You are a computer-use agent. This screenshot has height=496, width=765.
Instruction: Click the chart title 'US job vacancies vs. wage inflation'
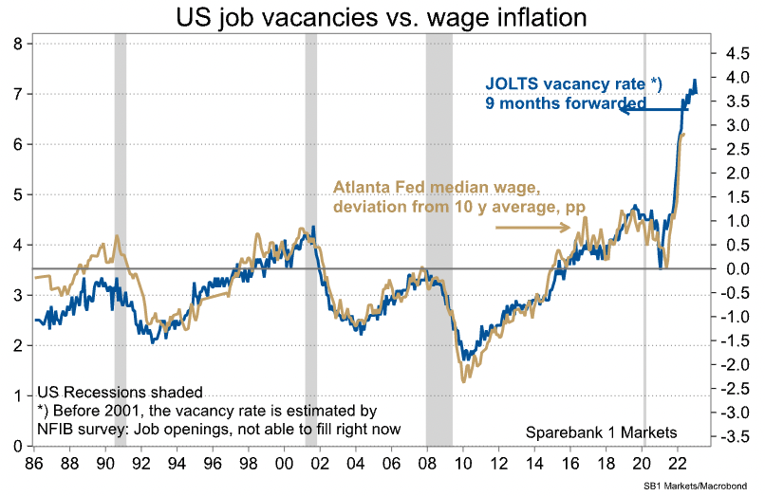coord(381,17)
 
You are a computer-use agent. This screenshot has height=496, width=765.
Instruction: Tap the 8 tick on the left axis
coord(18,44)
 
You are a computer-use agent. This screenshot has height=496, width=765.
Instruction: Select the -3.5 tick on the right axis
coord(732,436)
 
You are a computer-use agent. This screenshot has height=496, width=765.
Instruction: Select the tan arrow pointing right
coord(532,227)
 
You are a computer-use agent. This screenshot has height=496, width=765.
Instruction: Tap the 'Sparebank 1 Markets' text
coord(601,432)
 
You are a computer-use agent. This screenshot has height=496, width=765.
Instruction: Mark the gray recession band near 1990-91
coord(121,237)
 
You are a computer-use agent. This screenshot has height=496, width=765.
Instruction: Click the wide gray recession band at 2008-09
coord(438,237)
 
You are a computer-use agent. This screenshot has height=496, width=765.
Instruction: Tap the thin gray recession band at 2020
coord(644,237)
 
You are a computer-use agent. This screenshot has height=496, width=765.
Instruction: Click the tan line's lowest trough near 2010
coord(463,381)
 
